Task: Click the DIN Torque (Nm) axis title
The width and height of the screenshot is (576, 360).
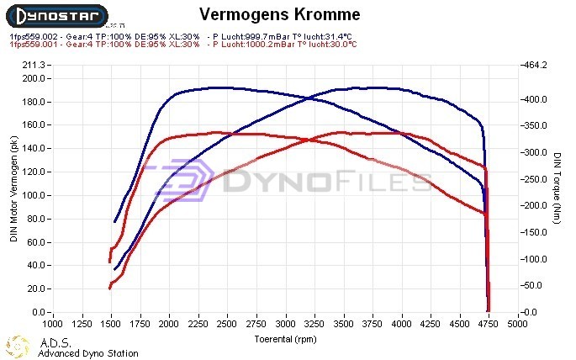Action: pyautogui.click(x=557, y=188)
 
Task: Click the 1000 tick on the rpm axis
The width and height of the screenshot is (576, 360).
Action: pyautogui.click(x=52, y=323)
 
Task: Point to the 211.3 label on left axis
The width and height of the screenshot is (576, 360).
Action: pyautogui.click(x=34, y=65)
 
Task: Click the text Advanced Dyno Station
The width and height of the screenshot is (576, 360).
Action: pyautogui.click(x=87, y=353)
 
